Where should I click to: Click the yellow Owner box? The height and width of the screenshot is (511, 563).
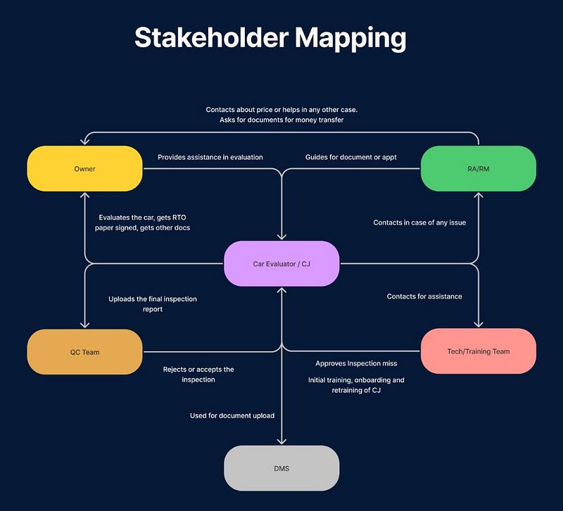(84, 169)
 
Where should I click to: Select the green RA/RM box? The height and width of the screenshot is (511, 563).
(478, 169)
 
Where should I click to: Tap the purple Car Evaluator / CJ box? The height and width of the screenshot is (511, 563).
(281, 264)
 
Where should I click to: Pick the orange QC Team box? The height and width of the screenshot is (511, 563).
(84, 351)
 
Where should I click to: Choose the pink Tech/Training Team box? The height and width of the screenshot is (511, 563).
(478, 351)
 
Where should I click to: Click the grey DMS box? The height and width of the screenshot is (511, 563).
(281, 468)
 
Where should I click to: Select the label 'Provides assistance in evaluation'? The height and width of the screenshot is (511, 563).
(210, 157)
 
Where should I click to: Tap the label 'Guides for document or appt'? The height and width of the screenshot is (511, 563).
(350, 157)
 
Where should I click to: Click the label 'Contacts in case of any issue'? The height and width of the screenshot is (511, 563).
(419, 222)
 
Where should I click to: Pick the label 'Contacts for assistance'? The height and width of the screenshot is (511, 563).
(424, 296)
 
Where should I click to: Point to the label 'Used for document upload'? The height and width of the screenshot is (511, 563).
(232, 415)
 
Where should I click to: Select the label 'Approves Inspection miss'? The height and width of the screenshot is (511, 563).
(356, 363)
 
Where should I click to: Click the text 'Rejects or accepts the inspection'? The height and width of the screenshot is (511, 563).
(198, 374)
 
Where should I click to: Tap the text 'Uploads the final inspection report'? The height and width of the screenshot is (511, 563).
(153, 303)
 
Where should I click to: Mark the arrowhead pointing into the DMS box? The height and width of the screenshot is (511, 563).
(281, 441)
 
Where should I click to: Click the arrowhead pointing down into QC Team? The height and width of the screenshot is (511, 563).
(84, 324)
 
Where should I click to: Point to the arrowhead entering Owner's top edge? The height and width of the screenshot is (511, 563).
(84, 141)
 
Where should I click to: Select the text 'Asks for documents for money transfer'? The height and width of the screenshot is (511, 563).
(285, 120)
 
